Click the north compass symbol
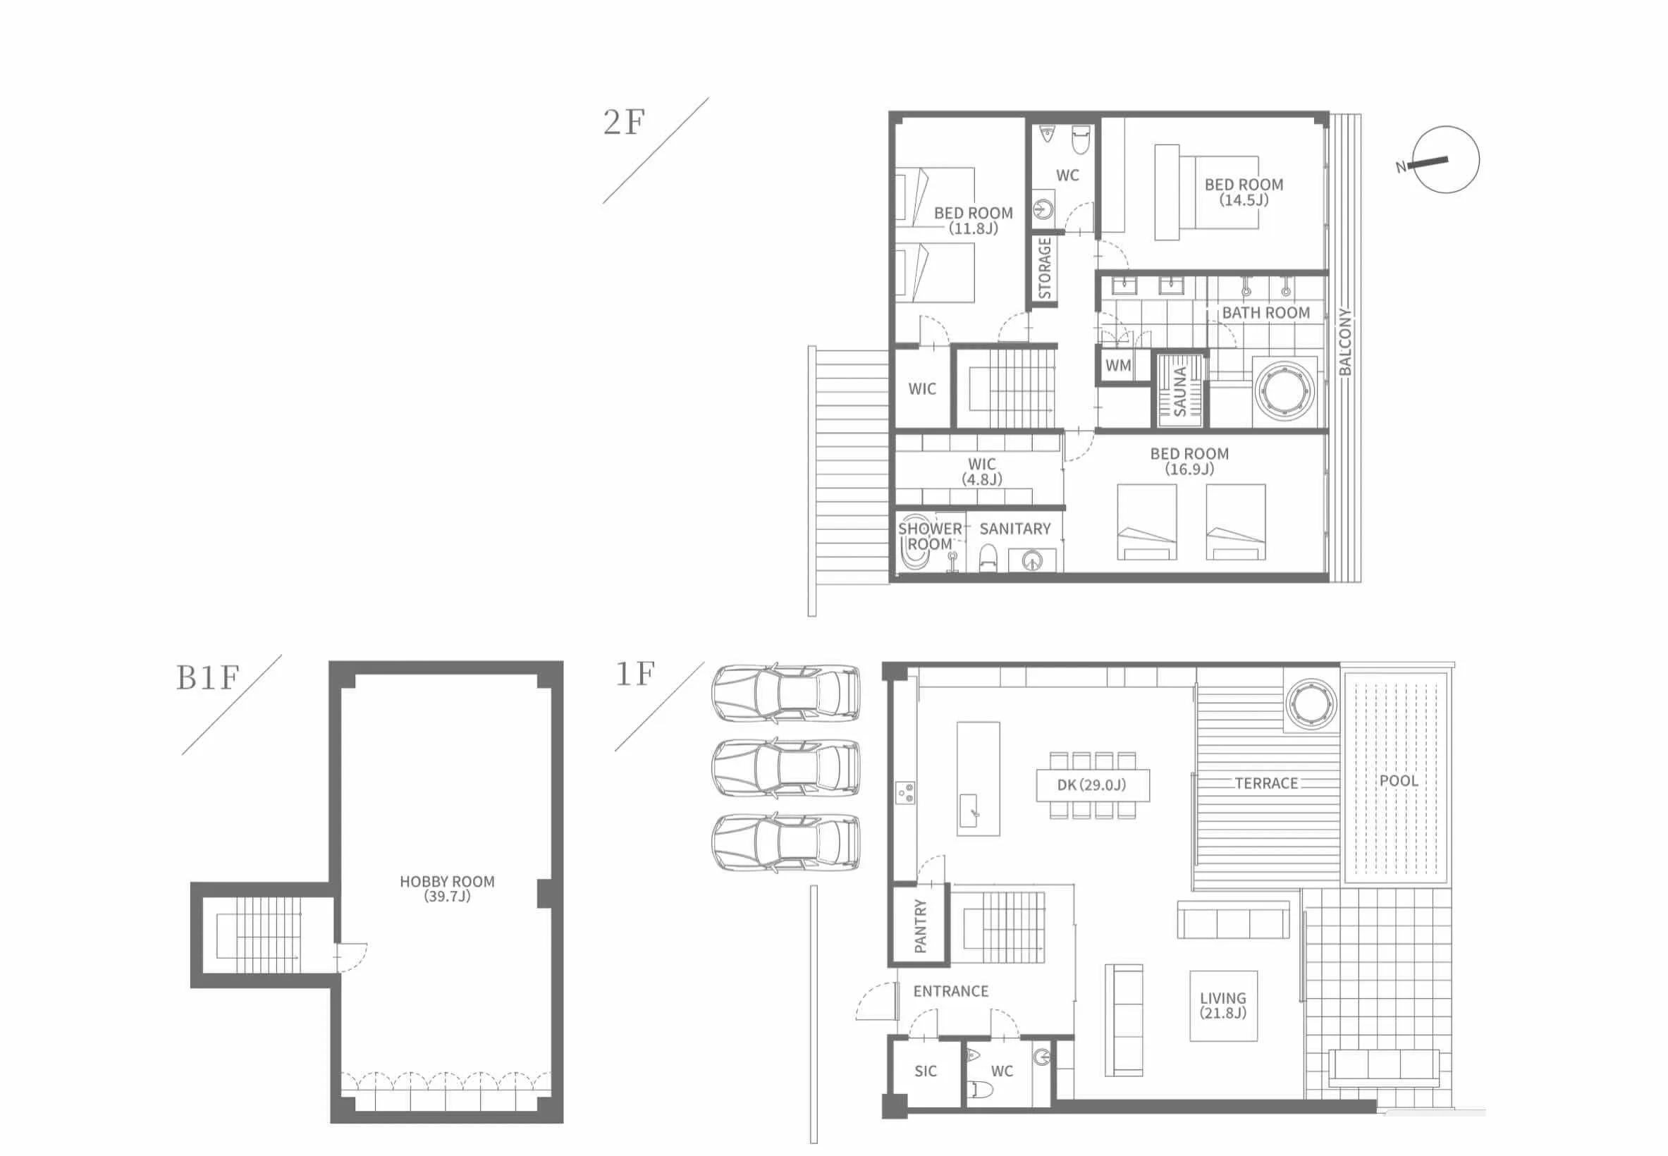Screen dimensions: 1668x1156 tap(1445, 159)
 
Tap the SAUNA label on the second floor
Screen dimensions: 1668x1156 tap(1180, 391)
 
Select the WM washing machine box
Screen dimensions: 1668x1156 tap(1118, 366)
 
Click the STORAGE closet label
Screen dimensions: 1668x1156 tap(1044, 268)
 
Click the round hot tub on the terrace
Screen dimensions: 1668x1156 tap(1311, 703)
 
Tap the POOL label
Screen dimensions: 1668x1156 tap(1399, 781)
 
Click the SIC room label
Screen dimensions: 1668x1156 tap(926, 1071)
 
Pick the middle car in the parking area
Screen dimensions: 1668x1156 tap(787, 768)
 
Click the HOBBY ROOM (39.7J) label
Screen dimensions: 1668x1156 tap(448, 889)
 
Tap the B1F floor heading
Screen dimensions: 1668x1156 tap(207, 678)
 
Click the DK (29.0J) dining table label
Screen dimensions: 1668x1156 tap(1092, 785)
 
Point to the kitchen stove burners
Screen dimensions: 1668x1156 tap(905, 792)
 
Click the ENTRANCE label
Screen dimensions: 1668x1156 tap(951, 992)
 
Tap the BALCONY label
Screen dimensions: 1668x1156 tap(1345, 342)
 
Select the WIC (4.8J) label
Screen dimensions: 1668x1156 tap(982, 472)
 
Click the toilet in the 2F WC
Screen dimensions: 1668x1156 tap(1081, 140)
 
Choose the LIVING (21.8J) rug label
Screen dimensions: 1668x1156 tap(1223, 1005)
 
